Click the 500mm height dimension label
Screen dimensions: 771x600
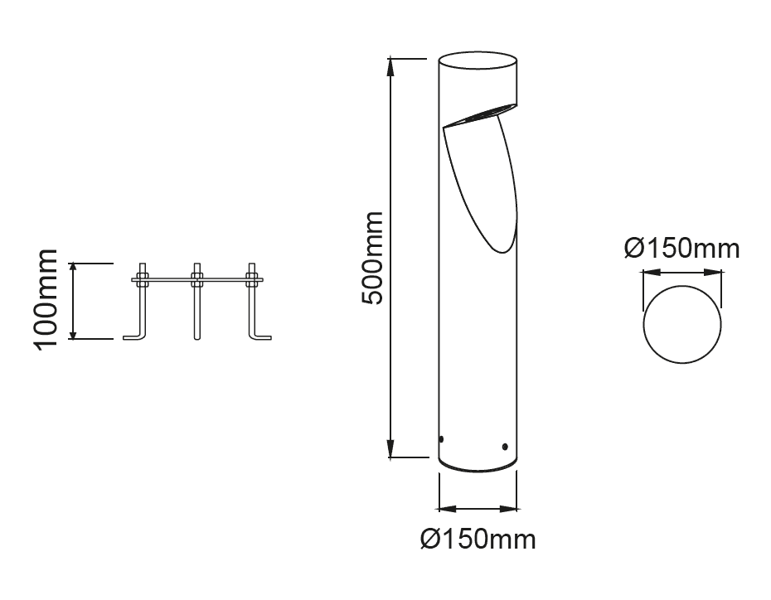click(x=371, y=258)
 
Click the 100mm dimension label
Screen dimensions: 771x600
click(x=47, y=300)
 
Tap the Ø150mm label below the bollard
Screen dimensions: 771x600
click(x=478, y=540)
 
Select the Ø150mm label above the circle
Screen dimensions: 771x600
click(x=682, y=249)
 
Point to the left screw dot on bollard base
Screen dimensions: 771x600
click(x=441, y=439)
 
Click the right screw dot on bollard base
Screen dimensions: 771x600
click(x=505, y=447)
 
